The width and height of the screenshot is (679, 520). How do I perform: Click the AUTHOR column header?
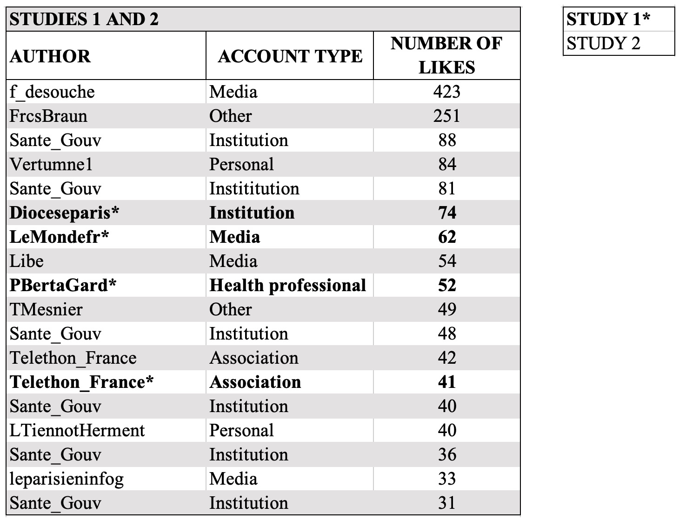coord(50,56)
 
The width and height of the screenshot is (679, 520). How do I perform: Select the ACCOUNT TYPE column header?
coord(290,56)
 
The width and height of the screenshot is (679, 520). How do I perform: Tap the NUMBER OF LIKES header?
coord(446,55)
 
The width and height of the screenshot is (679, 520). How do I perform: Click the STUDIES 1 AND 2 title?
coord(84,19)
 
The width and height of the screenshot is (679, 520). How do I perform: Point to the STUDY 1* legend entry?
coord(608,19)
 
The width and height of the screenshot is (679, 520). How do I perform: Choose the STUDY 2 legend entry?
coord(603,43)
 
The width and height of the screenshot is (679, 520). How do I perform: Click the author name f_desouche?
coord(52,92)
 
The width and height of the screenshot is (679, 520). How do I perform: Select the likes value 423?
coord(446,92)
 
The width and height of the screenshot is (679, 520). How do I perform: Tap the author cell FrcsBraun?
coord(48,116)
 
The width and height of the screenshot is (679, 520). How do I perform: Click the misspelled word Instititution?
coord(254,188)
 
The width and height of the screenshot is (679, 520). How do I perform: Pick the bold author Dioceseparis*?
coord(64,213)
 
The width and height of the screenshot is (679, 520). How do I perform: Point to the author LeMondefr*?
coord(59,237)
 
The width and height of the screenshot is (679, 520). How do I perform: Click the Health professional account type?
coord(287,285)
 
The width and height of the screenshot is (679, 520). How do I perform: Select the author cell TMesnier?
coord(46,309)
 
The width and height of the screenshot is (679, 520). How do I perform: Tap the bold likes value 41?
coord(446,382)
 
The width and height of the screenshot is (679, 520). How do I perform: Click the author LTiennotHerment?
coord(77,430)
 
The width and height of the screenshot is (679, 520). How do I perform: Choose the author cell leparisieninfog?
coord(67,479)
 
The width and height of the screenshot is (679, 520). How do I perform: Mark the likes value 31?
coord(446,503)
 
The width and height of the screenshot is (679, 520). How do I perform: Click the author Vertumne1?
coord(51,164)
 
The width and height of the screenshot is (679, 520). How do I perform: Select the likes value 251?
coord(446,116)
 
